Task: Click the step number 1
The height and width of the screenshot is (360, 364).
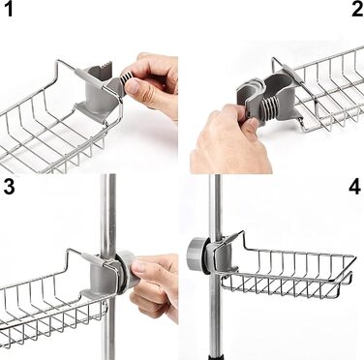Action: (8, 9)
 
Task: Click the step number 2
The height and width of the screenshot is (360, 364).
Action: (357, 9)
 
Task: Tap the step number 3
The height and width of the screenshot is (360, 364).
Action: (9, 187)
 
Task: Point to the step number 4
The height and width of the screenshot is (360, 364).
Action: (354, 187)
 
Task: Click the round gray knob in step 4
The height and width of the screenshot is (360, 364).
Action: (196, 254)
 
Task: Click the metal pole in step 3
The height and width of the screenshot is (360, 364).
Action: (107, 263)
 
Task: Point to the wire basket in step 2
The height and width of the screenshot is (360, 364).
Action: (326, 94)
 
